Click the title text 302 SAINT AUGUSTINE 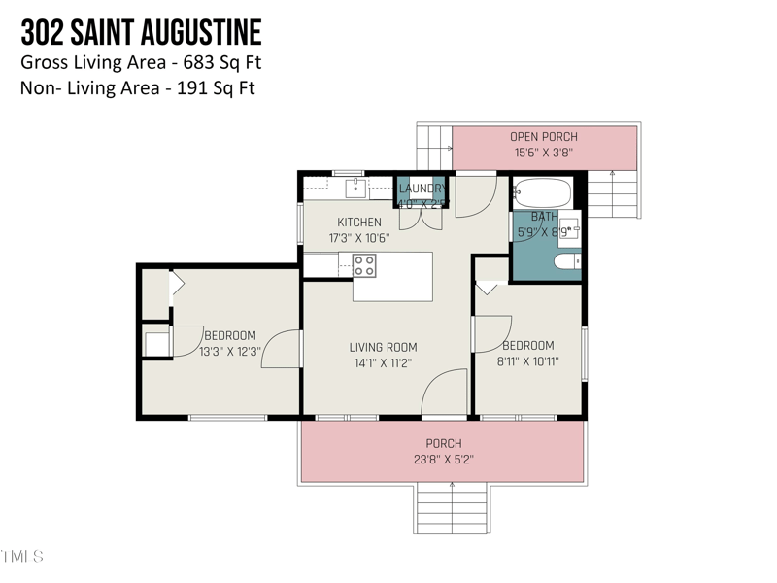141,34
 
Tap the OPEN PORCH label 544,137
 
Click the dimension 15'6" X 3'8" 544,153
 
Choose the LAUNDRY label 422,189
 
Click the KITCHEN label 358,223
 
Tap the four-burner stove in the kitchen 364,265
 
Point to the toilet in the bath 566,262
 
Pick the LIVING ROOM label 383,347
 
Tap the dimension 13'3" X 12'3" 230,352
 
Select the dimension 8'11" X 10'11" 527,361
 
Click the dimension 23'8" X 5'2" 443,460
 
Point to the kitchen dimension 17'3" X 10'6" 358,238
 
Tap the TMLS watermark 21,557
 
